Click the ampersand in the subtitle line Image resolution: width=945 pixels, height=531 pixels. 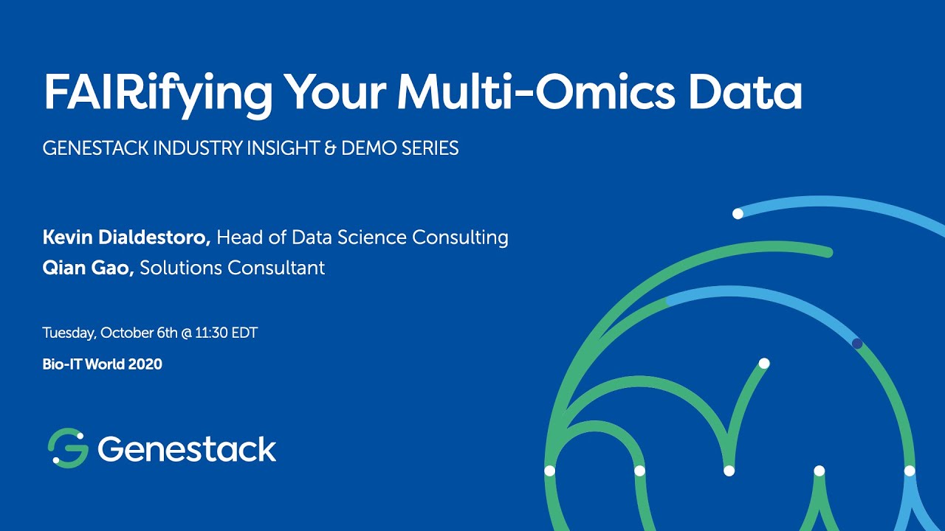click(330, 148)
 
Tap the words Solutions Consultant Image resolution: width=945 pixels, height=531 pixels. click(233, 267)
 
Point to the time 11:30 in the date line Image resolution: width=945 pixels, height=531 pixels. click(213, 333)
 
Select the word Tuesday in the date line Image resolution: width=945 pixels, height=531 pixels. click(69, 333)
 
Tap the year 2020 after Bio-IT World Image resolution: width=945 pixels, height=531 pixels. click(145, 364)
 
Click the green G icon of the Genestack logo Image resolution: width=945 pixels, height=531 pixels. click(68, 448)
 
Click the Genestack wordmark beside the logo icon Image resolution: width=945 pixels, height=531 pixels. click(187, 448)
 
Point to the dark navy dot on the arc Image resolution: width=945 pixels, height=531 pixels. click(857, 344)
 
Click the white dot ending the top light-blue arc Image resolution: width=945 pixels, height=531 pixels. click(738, 214)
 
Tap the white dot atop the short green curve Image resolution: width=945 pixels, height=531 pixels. click(764, 363)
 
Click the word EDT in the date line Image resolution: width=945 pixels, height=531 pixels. click(244, 333)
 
